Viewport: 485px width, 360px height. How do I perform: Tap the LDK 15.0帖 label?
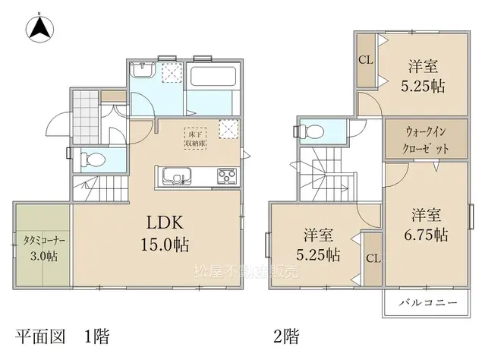(162, 234)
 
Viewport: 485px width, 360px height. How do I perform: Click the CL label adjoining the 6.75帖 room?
(372, 258)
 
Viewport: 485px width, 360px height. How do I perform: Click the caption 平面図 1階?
(58, 335)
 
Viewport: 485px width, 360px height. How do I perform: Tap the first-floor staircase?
(99, 187)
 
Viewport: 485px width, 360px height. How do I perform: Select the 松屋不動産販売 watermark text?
(240, 270)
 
